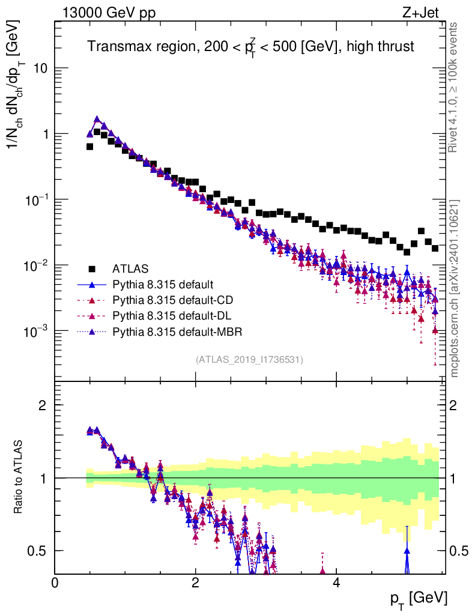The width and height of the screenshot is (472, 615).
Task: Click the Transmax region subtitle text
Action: tap(250, 47)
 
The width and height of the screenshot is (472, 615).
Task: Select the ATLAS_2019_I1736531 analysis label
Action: tap(249, 360)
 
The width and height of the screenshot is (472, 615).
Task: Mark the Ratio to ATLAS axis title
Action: tap(19, 477)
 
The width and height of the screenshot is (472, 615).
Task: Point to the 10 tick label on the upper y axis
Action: tap(40, 68)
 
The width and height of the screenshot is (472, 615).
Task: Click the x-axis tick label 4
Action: tap(336, 583)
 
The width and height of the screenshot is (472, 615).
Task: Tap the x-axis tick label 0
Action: tap(55, 583)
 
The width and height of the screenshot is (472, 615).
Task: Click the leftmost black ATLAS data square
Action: tap(89, 147)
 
